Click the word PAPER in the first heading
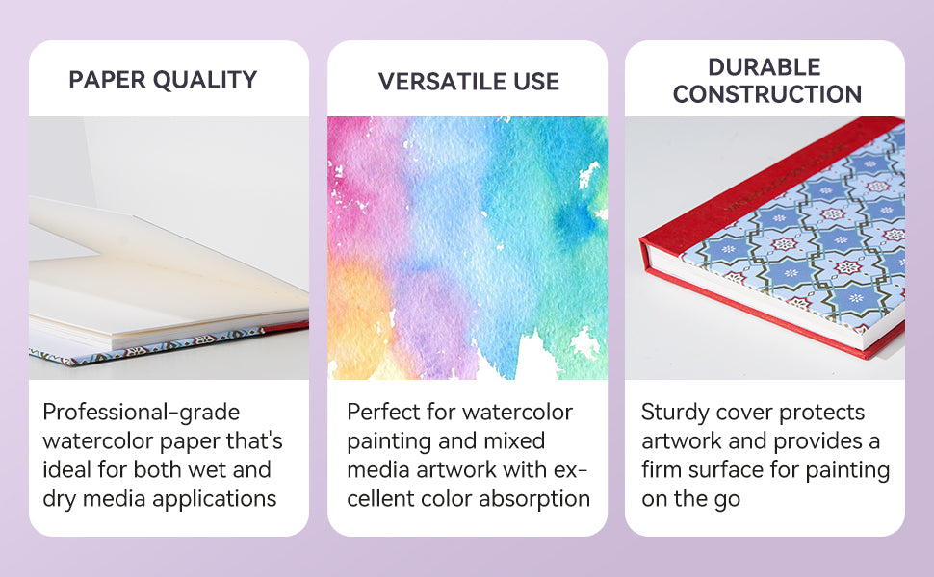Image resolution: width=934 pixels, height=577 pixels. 107,80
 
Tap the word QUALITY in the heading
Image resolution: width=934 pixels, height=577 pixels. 205,80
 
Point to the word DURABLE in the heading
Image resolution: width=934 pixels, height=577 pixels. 765,67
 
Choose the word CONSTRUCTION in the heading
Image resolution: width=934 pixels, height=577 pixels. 767,94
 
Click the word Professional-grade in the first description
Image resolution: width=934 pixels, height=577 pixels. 142,413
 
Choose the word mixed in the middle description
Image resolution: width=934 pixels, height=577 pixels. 514,440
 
